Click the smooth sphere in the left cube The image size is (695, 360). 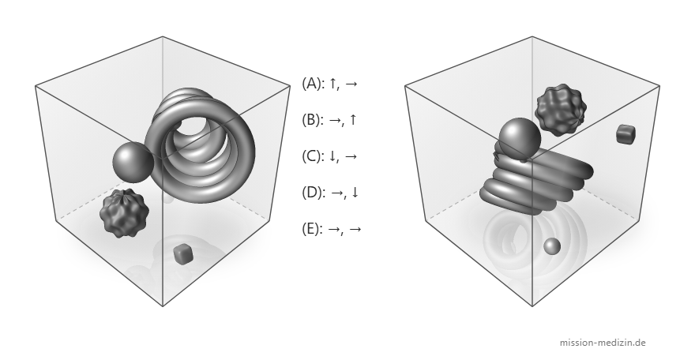pos(133,162)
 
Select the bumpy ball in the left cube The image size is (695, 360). pos(124,213)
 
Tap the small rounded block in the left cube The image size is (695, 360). pos(182,253)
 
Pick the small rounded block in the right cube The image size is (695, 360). pos(625,133)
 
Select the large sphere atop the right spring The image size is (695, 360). pos(520,138)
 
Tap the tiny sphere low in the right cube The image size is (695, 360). pos(552,246)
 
